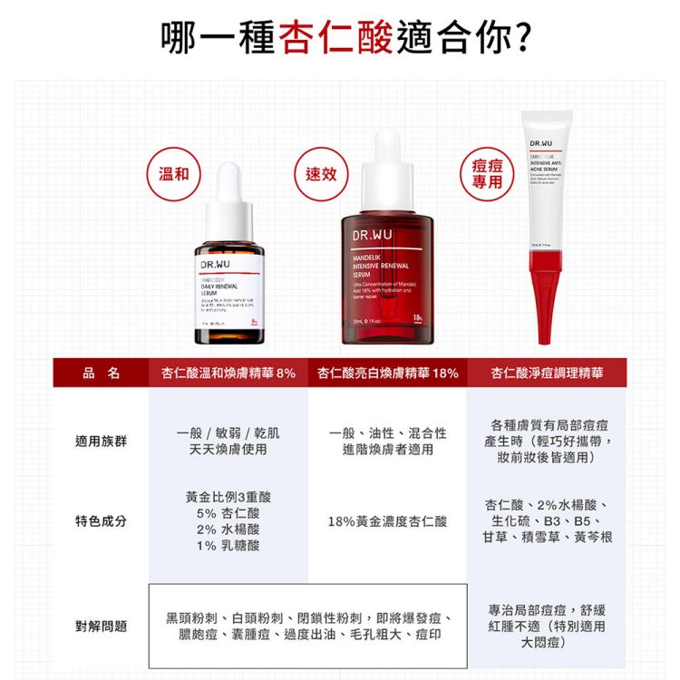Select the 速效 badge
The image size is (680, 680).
320,173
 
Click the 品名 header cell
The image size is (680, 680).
101,373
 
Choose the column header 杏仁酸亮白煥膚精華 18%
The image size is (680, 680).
388,373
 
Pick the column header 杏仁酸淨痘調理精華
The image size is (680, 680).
547,373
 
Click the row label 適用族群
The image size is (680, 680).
101,442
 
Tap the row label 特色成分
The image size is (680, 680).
101,521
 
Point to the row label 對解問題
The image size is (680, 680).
101,626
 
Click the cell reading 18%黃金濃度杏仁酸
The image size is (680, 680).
388,521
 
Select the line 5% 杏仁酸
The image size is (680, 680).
228,513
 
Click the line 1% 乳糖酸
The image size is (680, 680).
228,546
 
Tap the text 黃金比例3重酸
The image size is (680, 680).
228,497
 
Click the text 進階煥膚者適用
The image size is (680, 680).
388,450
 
